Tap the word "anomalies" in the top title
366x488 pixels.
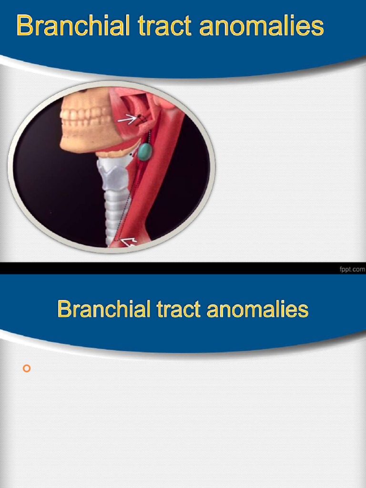(x=261, y=26)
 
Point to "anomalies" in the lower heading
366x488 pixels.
(x=257, y=309)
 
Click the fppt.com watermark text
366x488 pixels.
(x=352, y=269)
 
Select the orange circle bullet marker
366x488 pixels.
(x=27, y=368)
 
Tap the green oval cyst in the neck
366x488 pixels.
(x=145, y=152)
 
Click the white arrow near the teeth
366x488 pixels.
(x=127, y=119)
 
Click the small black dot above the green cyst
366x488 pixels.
(x=139, y=117)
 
